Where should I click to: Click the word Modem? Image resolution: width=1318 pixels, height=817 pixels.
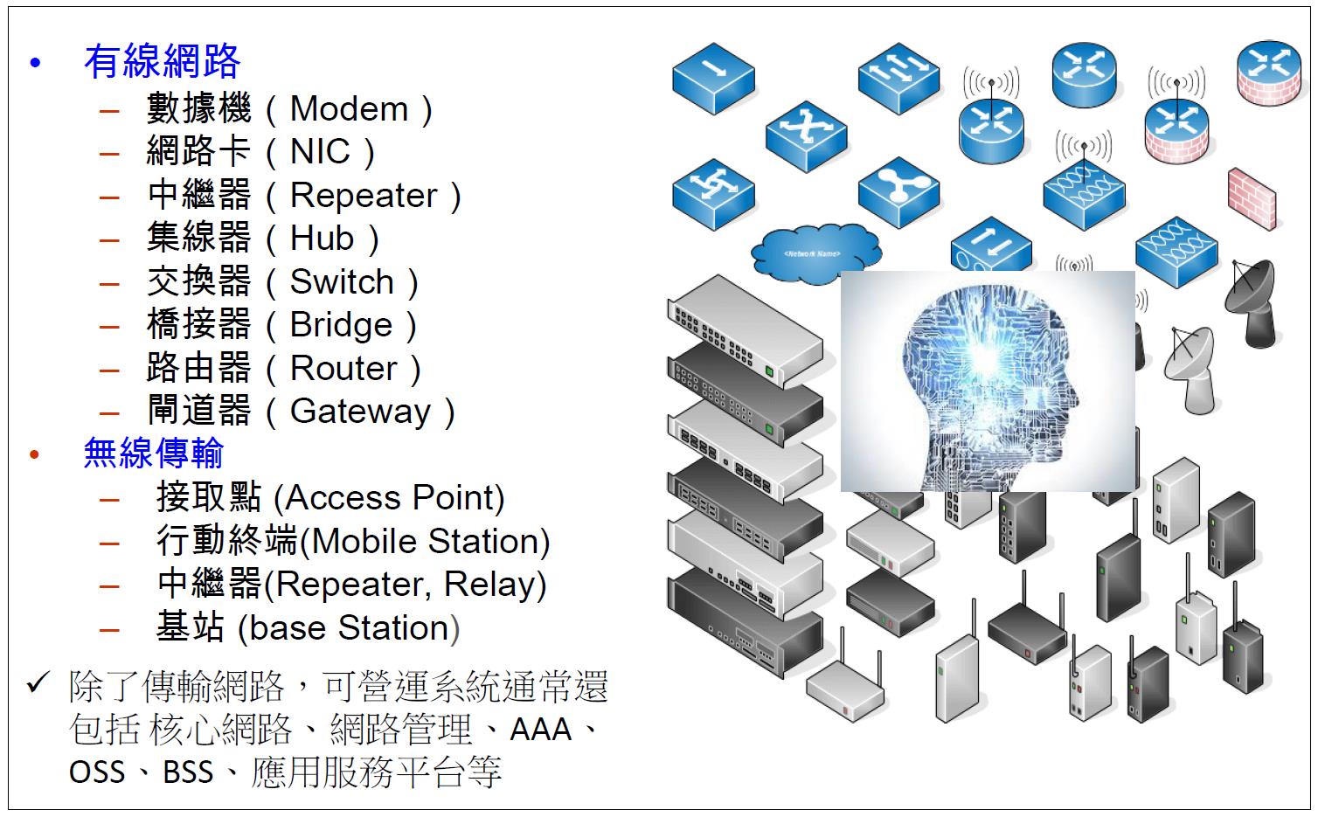click(349, 109)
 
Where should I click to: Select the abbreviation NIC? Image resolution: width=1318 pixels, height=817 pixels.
click(320, 152)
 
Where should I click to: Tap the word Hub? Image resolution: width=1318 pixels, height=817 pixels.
click(322, 238)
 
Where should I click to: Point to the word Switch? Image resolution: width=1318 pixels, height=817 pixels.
click(342, 281)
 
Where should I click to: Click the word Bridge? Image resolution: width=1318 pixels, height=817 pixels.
click(341, 325)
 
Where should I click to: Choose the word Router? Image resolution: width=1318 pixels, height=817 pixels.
click(343, 368)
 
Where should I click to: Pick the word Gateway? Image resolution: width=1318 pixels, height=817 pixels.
click(360, 411)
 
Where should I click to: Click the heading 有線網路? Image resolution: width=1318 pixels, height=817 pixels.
click(162, 61)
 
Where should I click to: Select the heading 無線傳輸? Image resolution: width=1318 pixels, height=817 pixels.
click(153, 453)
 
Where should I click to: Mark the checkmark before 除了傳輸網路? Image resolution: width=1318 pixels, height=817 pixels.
click(38, 682)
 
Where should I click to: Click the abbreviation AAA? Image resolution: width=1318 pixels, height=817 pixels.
click(540, 729)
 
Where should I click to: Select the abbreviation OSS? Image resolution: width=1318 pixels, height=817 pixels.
click(97, 772)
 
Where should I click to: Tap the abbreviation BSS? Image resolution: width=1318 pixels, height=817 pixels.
click(188, 772)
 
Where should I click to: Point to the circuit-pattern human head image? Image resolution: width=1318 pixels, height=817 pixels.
click(987, 381)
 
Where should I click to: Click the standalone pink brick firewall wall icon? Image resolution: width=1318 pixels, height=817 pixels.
click(1252, 200)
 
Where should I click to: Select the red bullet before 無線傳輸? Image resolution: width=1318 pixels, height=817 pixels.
click(35, 454)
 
